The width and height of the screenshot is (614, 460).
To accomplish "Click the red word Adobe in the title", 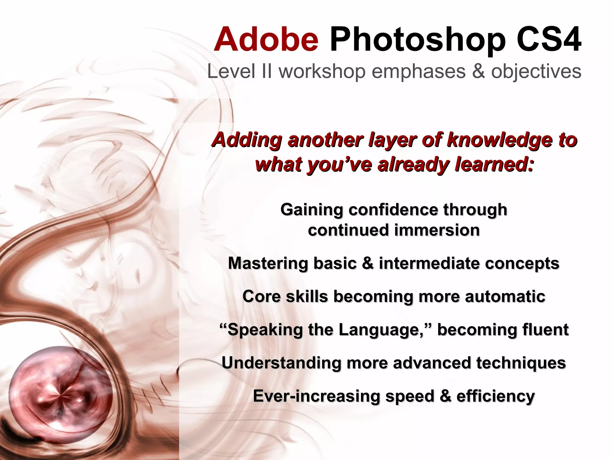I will coord(266,40).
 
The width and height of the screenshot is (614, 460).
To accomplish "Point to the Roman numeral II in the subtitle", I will coord(266,72).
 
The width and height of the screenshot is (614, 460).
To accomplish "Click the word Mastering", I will coord(268,264).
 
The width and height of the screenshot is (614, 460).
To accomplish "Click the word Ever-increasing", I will coord(317,396).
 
